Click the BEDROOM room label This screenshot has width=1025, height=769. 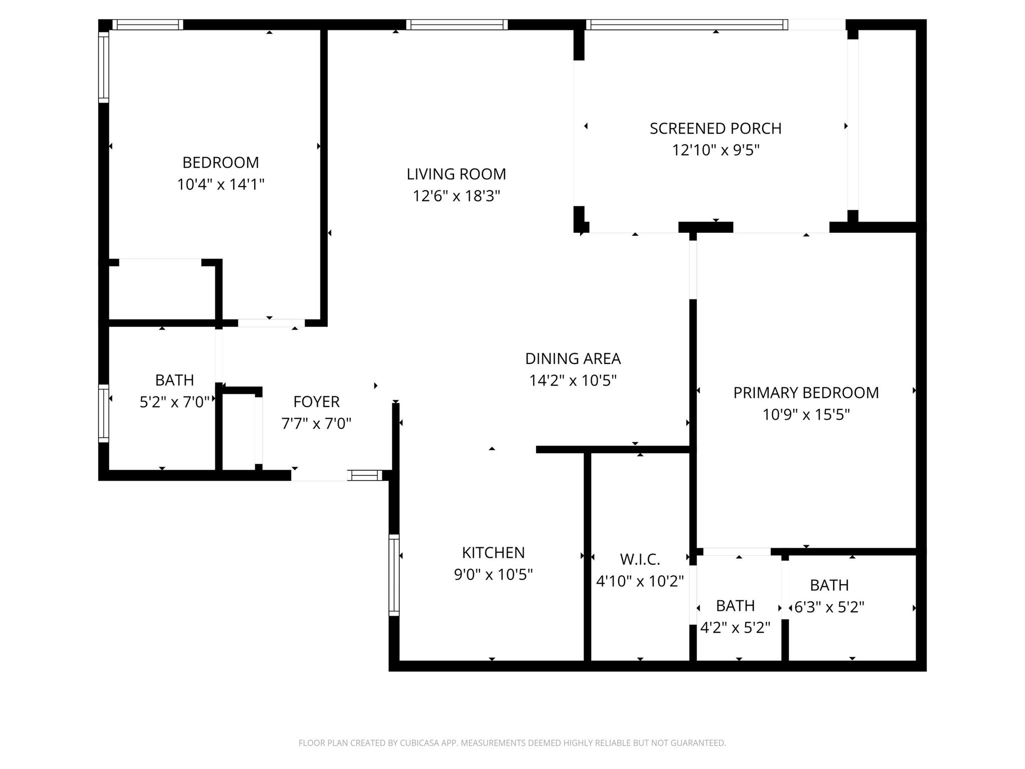[220, 163]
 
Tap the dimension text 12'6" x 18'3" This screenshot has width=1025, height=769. [456, 196]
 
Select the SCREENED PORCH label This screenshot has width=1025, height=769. [715, 129]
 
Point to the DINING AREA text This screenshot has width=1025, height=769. [573, 358]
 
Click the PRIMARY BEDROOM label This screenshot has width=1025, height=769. [806, 393]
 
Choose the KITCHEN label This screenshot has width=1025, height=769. [493, 553]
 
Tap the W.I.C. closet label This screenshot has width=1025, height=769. [640, 559]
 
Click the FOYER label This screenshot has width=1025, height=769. [316, 402]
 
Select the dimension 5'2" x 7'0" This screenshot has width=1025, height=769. [174, 402]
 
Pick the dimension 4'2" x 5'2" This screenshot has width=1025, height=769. [735, 627]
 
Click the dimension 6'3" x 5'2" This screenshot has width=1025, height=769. [829, 607]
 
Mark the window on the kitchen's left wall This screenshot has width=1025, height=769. [394, 575]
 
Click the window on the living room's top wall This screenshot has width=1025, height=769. [456, 25]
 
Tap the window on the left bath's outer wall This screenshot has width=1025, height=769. [104, 414]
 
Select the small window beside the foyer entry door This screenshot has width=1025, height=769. [365, 475]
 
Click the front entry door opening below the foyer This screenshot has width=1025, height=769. [319, 476]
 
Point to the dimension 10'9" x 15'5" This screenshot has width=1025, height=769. [806, 415]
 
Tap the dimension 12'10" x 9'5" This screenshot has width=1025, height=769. [715, 150]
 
